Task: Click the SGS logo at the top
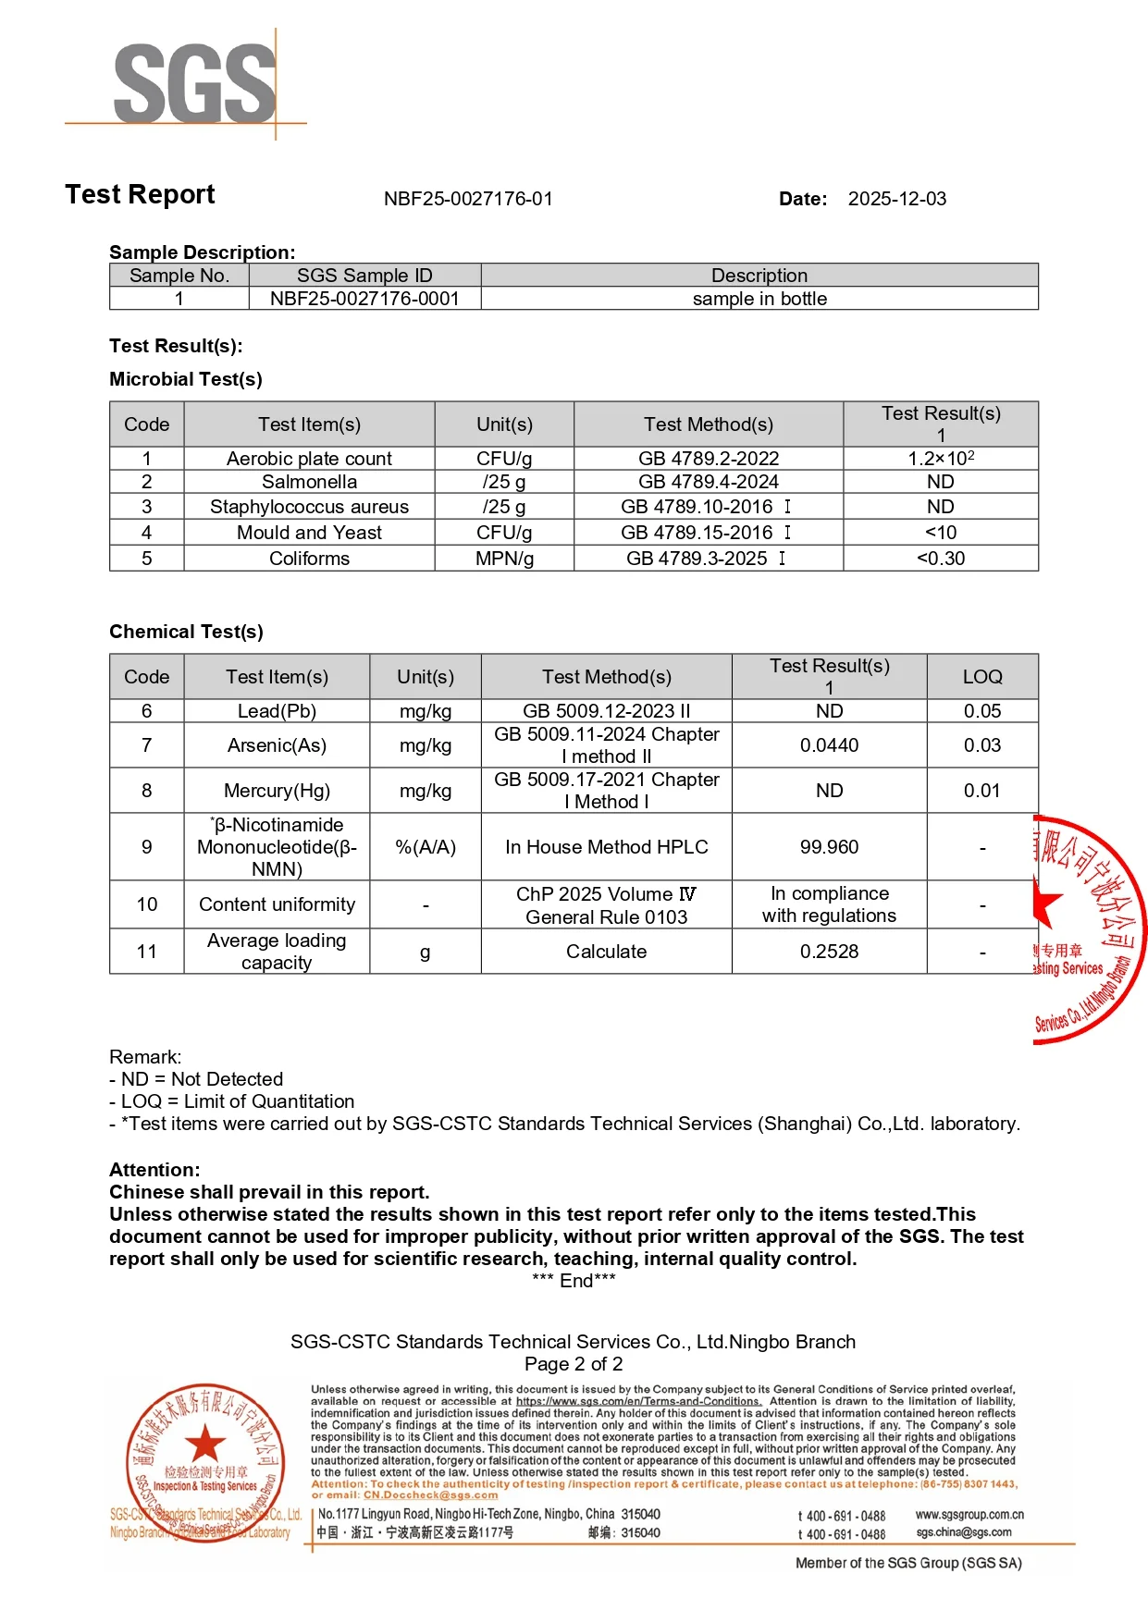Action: coord(194,83)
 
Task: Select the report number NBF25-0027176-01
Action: coord(468,199)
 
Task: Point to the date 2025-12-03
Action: coord(896,199)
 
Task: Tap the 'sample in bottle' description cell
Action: coord(759,299)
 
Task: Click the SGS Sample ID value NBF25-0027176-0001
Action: coord(364,299)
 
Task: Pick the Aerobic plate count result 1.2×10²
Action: coord(941,459)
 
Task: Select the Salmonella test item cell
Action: coord(309,482)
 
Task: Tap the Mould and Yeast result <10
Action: coord(941,533)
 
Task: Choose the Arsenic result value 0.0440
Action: coord(829,745)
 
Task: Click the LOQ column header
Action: coord(981,677)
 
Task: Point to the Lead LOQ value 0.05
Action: coord(981,711)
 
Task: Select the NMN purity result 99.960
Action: coord(829,847)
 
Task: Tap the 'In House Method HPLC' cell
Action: coord(606,847)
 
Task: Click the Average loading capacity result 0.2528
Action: coord(829,952)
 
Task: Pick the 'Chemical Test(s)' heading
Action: coord(186,632)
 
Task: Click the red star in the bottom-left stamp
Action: coord(205,1443)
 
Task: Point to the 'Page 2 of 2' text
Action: coord(574,1364)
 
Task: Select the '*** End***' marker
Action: coord(574,1281)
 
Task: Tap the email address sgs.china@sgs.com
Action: coord(964,1532)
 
